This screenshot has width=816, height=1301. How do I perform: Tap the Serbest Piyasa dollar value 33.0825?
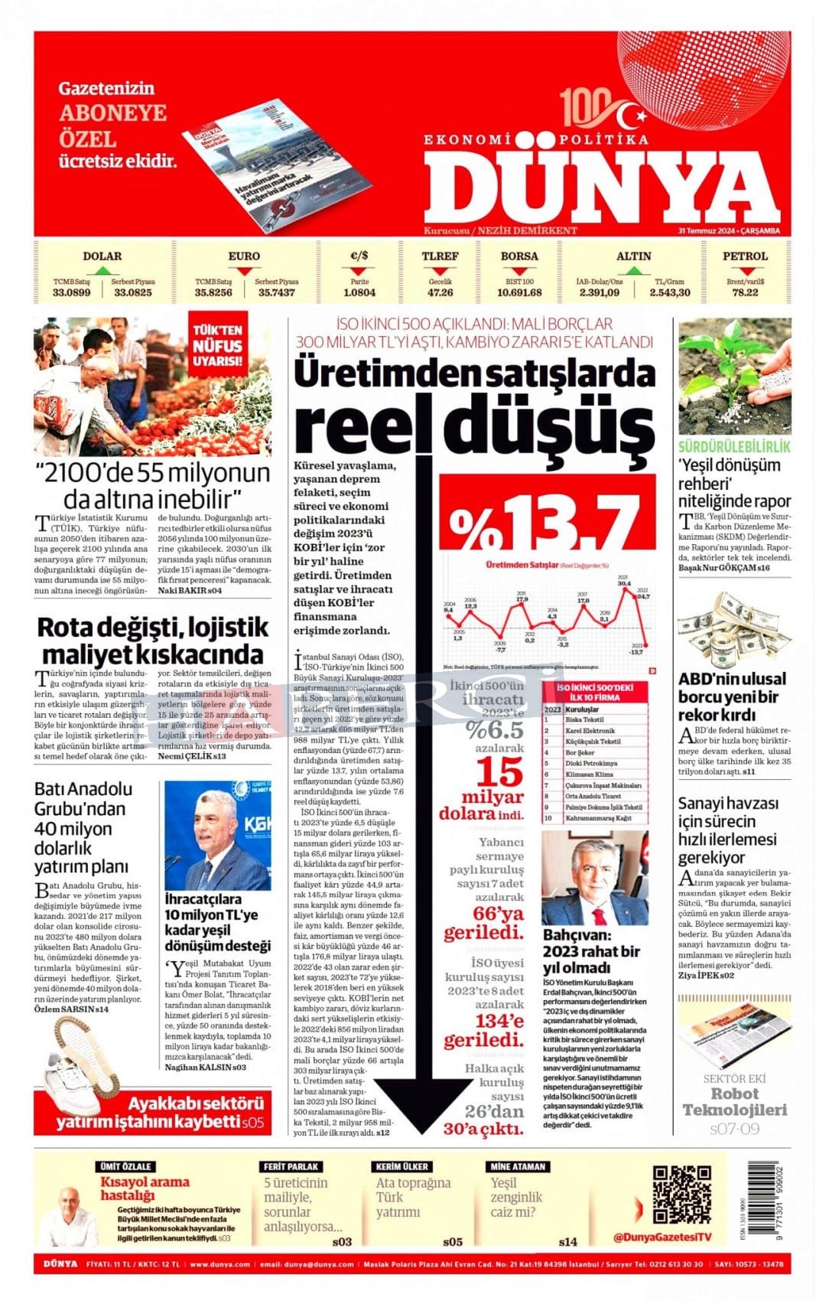pos(133,292)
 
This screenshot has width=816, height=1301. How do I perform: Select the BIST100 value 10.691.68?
pos(519,292)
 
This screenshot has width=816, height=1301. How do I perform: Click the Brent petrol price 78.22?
pos(745,292)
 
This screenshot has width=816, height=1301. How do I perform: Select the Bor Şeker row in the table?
pos(581,753)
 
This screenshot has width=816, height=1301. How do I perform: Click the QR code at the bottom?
pos(681,1194)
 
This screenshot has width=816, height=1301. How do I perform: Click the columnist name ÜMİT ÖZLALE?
pos(126,1166)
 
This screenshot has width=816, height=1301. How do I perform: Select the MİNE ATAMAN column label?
pos(518,1166)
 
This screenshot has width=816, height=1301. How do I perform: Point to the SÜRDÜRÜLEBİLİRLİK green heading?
pos(734,447)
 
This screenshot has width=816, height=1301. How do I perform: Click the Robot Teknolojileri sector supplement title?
pos(734,1102)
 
